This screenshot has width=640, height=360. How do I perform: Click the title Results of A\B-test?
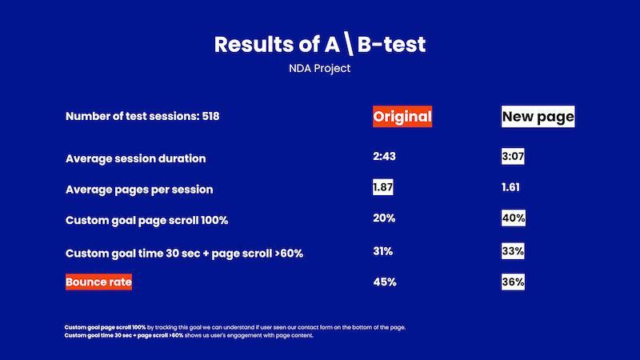320,44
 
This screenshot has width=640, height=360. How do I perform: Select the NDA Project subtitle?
320,69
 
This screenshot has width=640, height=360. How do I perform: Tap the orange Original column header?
402,117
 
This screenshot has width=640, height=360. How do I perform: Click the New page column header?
538,117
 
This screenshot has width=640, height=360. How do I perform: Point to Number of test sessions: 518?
142,117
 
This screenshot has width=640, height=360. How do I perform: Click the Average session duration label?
135,158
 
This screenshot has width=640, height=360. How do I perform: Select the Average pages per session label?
139,190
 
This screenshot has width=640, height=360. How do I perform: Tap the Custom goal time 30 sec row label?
184,254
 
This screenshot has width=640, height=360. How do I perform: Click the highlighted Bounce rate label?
98,282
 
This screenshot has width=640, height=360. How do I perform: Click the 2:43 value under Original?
384,156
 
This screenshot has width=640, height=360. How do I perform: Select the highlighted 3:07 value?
513,157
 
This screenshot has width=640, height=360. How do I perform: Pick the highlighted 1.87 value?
383,187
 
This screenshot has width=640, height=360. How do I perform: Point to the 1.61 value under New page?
510,187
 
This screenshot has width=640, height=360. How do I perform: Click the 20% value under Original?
384,218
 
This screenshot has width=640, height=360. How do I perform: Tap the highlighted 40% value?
513,218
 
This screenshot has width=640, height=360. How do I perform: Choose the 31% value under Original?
382,251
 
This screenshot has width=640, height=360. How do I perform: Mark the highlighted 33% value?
513,251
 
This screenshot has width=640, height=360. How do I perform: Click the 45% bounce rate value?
384,282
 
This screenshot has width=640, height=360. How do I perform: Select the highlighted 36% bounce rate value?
513,282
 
